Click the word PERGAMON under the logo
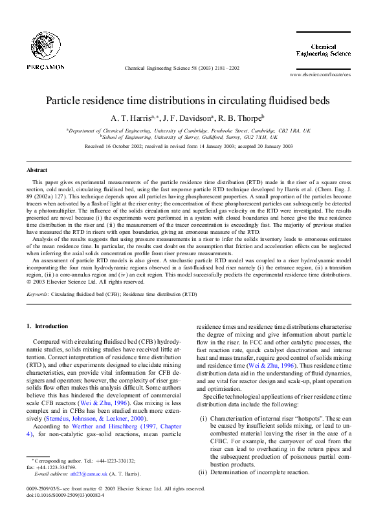tap(45, 67)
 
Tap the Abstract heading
tap(36, 169)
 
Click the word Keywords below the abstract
tap(39, 294)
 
